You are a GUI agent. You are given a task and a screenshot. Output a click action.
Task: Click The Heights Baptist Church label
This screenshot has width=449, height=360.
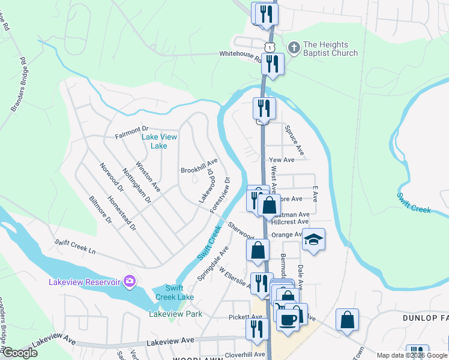330,49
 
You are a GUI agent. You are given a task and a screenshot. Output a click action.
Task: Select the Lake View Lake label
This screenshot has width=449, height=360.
159,141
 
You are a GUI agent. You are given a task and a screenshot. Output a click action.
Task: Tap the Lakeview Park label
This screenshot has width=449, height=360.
175,314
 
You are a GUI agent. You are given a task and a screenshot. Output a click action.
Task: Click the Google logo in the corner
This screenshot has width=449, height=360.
20,353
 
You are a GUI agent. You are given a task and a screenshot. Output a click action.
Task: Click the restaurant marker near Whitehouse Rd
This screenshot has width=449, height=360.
273,64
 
